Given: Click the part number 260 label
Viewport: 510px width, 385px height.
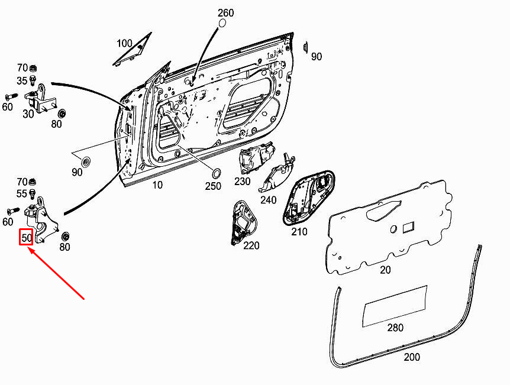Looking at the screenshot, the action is (226, 12).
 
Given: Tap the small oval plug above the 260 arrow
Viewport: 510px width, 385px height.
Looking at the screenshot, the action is (222, 24).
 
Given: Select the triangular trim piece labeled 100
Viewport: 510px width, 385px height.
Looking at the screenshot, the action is (133, 48).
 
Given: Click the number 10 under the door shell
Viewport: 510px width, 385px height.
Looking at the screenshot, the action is (157, 185).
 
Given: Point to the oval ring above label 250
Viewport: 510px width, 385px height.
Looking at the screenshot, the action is (216, 173).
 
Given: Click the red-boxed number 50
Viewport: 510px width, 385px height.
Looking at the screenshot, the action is (27, 237).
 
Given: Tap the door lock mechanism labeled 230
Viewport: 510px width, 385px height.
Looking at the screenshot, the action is (256, 157).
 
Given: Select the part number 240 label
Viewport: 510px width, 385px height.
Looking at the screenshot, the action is (269, 200).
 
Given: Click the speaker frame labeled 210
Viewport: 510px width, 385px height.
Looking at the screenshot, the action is (308, 198).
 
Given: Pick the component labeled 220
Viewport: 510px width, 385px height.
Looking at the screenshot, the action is (244, 222).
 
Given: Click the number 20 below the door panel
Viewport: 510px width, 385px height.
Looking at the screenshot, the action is (385, 270).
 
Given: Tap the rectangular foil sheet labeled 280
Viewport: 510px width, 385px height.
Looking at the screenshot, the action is (395, 306).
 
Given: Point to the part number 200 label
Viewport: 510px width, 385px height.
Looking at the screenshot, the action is (412, 357).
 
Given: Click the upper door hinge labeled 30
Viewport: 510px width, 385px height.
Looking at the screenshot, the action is (39, 99).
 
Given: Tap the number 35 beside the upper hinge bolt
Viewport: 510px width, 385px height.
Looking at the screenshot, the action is (22, 80).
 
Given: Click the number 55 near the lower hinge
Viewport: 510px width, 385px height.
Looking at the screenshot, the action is (22, 194).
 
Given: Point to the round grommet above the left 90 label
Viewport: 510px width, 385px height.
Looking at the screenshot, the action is (86, 162).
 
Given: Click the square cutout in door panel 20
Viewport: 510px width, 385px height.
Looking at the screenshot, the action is (408, 228).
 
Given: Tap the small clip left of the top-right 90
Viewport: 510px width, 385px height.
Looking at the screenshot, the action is (305, 47).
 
